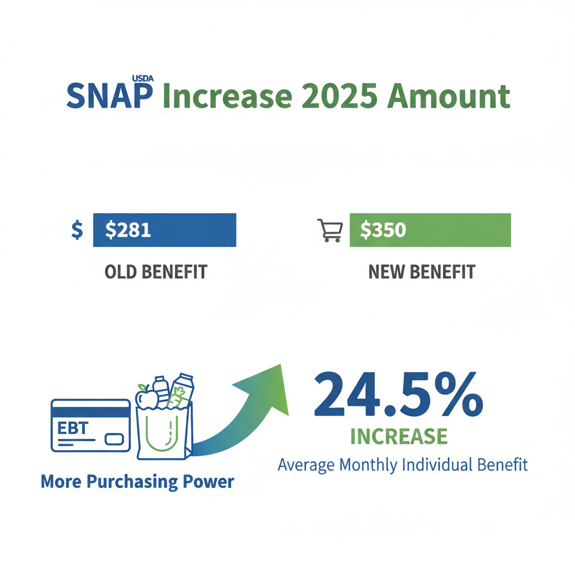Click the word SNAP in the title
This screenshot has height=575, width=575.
109,96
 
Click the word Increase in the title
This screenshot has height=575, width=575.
227,96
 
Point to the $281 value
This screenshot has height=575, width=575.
128,230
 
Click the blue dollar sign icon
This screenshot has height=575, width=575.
77,230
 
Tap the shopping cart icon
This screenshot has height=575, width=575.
330,230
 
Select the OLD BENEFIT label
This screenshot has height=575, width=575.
156,272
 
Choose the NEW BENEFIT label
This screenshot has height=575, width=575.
421,272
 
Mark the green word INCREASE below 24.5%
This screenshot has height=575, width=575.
399,436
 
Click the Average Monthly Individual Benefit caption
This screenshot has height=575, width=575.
403,465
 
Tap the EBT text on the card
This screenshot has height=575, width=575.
72,428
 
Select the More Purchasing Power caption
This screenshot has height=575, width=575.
137,482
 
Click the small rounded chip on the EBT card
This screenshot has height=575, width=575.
115,438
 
